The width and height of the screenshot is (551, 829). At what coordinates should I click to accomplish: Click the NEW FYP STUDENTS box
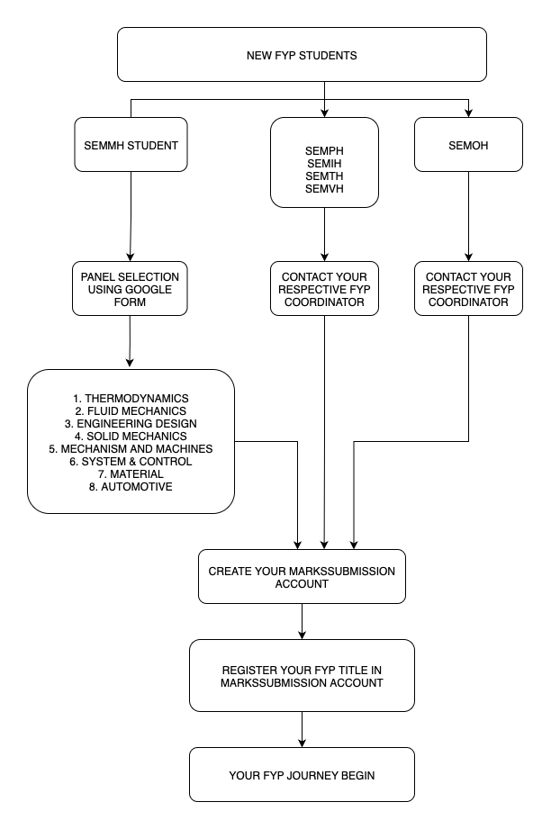coord(302,54)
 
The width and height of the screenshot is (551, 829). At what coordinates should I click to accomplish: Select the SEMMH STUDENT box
coord(131,144)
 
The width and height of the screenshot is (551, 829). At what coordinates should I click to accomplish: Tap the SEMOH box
coord(468,144)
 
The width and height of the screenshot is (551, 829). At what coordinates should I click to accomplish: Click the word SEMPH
coord(324,150)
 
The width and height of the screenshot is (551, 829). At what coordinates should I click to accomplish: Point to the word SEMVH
coord(324,189)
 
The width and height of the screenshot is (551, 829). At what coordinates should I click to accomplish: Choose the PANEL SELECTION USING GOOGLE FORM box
coord(130,289)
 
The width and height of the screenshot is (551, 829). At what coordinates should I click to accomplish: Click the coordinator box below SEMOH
coord(468,289)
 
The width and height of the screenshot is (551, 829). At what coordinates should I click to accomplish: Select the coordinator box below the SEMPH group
coord(324,289)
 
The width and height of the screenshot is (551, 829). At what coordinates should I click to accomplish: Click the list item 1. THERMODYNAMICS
coord(131,398)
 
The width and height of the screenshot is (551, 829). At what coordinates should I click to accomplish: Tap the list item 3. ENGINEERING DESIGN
coord(131,423)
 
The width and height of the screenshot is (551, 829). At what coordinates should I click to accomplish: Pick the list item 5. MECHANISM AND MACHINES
coord(131,449)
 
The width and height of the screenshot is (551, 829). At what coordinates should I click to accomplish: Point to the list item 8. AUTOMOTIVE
coord(131,487)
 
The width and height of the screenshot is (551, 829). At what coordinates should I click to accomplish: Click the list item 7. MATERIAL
coord(131,474)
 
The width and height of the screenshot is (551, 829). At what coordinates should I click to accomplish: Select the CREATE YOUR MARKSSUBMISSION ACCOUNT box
coord(302,577)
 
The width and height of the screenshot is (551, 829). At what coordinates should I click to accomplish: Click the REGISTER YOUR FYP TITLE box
coord(302,676)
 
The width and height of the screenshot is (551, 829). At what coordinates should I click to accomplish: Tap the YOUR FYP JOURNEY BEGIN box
coord(302,775)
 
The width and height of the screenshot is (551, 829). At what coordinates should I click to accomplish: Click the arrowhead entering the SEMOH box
coord(468,113)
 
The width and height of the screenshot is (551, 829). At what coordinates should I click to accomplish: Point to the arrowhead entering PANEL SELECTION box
coord(130,257)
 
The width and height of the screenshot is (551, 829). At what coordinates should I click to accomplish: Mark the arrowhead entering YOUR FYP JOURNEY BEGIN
coord(302,743)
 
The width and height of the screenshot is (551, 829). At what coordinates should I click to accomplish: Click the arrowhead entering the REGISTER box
coord(302,635)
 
